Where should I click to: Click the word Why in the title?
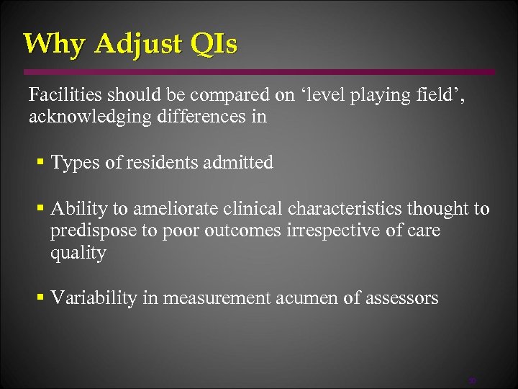pos(54,44)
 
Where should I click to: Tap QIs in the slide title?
pos(214,45)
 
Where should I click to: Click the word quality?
pos(78,253)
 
